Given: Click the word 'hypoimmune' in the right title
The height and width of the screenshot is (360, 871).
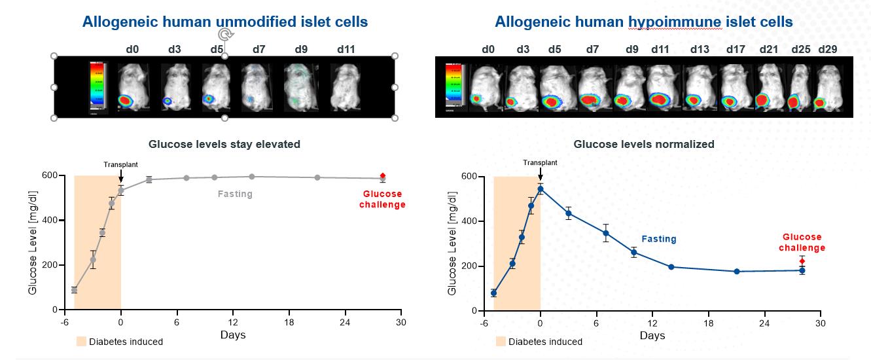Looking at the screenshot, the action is coord(675,22).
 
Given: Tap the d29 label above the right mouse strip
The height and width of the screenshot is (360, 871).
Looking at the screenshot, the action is coord(827,49).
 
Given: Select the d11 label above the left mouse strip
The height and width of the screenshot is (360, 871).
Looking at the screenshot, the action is coord(346,49).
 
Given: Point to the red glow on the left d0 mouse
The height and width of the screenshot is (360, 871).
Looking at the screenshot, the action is coord(126,101).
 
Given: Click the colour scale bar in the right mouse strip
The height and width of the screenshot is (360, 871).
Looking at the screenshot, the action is coord(453,86).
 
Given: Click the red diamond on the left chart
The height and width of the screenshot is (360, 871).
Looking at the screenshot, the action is coord(383,175).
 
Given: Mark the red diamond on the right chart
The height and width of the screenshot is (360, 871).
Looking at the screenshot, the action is coord(802,261).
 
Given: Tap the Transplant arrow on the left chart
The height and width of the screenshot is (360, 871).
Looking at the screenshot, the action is coord(121,175).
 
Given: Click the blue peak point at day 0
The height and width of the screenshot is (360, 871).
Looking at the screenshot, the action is coord(540,189).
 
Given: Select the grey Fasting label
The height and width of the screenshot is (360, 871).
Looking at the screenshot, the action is coord(235,194).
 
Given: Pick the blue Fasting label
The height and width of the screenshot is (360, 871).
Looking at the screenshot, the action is coord(659,239).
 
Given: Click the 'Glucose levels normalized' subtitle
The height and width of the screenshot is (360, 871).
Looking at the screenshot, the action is coord(644,144).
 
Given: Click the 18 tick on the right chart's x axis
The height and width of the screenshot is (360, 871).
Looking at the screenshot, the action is coord(709,323).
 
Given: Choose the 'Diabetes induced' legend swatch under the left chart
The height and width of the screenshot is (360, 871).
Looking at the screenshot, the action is coord(81,341).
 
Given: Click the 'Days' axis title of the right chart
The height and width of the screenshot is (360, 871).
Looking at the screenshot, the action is coord(652,336).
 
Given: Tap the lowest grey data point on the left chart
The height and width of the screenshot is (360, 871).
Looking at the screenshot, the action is coord(74,290).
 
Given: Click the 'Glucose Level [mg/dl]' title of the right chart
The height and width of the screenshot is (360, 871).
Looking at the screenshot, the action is coord(452,243).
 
